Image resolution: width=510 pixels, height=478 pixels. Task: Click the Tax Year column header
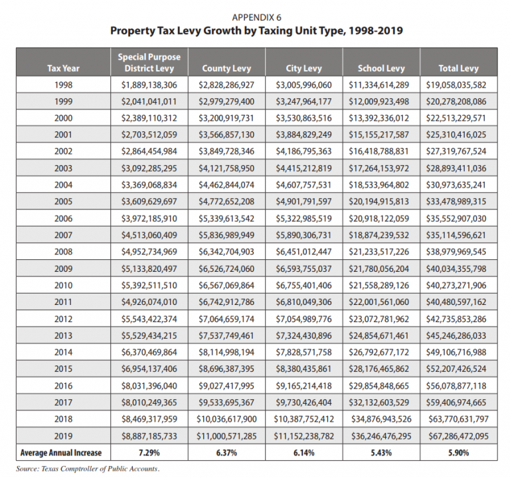(x=62, y=68)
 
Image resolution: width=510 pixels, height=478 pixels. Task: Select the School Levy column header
(x=381, y=68)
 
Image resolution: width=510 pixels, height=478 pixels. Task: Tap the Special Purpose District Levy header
(x=149, y=62)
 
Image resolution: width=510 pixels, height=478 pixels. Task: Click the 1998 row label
(x=62, y=85)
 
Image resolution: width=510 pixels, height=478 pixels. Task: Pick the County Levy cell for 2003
(x=226, y=169)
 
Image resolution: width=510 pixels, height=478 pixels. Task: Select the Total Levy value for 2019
(x=458, y=436)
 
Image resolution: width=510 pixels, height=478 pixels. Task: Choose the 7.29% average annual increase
(x=149, y=453)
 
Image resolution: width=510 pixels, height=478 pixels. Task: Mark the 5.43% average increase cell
(x=381, y=453)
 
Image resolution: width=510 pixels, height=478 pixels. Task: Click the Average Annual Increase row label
(x=62, y=453)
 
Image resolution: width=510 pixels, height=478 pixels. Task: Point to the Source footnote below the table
(x=84, y=469)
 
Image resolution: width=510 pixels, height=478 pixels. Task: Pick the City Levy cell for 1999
(x=303, y=101)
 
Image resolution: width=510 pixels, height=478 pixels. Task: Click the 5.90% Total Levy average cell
(x=458, y=453)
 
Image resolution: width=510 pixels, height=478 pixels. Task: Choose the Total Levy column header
(x=458, y=68)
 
